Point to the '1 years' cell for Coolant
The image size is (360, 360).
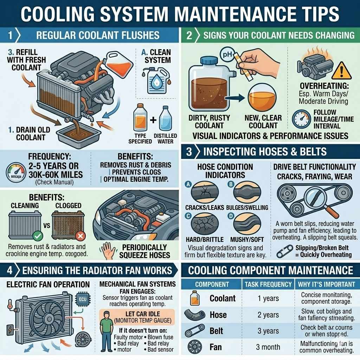268,298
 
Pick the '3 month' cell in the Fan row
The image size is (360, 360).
268,347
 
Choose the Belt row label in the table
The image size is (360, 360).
216,331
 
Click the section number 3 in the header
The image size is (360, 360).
189,152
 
